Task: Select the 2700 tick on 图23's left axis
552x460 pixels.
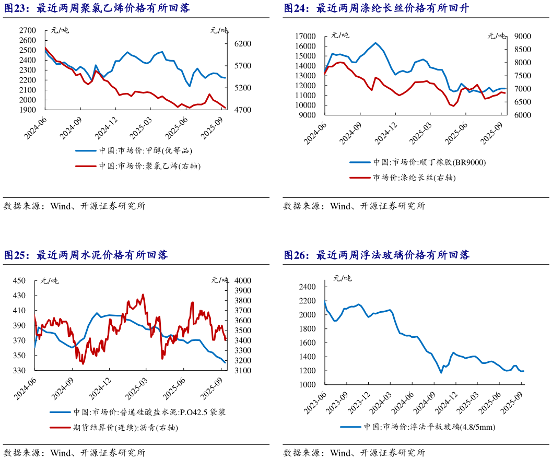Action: (x=27, y=30)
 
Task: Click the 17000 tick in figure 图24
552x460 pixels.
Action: (x=306, y=36)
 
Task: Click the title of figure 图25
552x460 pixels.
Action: (x=86, y=255)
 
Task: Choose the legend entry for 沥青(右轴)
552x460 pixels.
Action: (x=125, y=428)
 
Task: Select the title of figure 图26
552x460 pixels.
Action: (x=377, y=255)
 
